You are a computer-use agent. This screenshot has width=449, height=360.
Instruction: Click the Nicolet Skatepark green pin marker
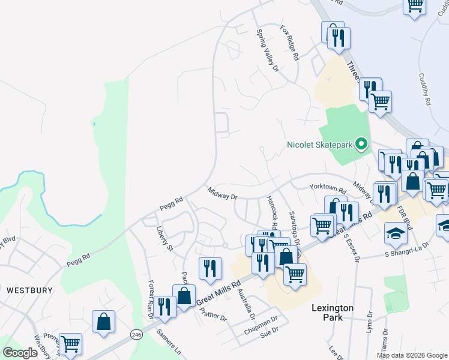click(361, 144)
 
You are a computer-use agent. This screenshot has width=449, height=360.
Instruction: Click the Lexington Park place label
click(332, 312)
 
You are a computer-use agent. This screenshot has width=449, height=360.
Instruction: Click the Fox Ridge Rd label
click(289, 43)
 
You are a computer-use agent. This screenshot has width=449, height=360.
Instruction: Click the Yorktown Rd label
click(328, 189)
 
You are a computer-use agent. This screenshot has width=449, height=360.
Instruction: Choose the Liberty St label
click(164, 239)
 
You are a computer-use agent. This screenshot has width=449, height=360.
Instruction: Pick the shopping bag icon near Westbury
click(104, 321)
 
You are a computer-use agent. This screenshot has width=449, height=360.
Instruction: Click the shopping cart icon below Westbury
click(70, 344)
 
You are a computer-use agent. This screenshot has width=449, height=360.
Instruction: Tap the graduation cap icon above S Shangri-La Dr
click(396, 233)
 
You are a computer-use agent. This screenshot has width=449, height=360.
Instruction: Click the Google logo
click(20, 353)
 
